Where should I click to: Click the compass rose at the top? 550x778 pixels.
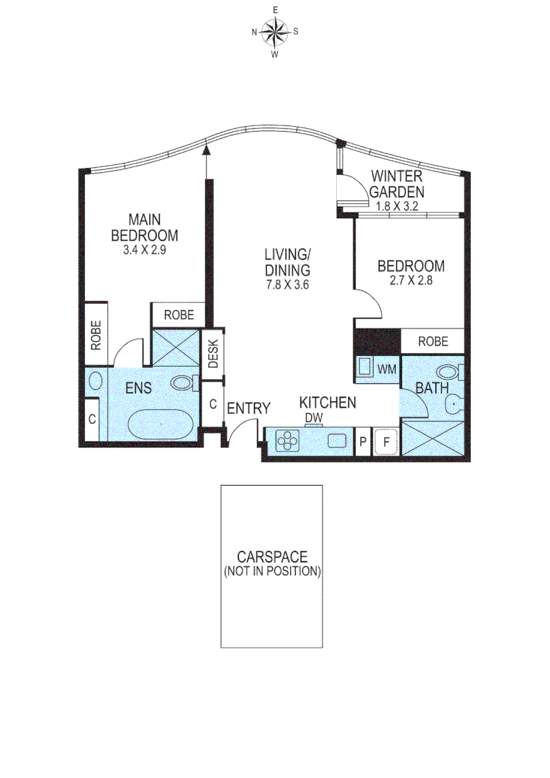tap(275, 32)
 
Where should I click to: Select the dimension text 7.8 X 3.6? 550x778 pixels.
tap(287, 285)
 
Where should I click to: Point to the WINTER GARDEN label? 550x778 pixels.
tap(396, 184)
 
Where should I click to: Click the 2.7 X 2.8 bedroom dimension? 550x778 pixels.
tap(411, 281)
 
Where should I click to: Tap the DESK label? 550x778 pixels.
tap(214, 353)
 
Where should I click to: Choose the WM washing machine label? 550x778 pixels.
tap(387, 370)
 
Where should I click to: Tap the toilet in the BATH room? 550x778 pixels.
tap(451, 373)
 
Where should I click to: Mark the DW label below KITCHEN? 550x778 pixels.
tap(313, 417)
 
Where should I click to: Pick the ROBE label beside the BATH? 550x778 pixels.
tap(432, 341)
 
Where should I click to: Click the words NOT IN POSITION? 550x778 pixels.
tap(272, 571)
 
